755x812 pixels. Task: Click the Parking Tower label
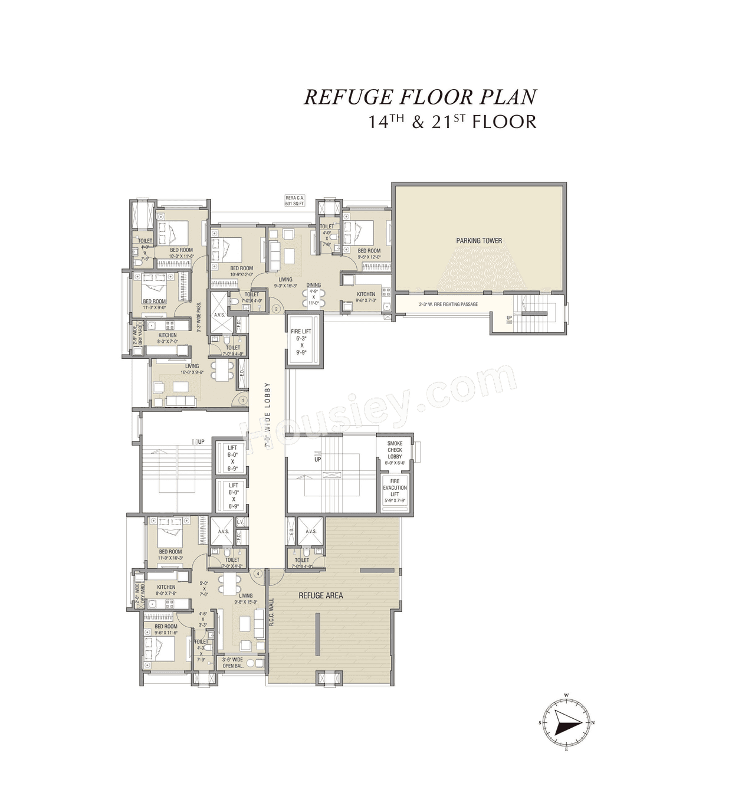tap(479, 241)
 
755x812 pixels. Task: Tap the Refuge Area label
tap(320, 595)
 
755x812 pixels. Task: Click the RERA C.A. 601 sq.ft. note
tap(294, 201)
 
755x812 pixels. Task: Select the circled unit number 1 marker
tap(242, 400)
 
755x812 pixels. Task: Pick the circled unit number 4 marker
tap(258, 573)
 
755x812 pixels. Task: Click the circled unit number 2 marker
tap(275, 309)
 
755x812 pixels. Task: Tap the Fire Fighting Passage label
tap(448, 304)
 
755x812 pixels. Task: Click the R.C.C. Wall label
tap(272, 612)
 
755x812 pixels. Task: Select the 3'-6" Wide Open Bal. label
tap(232, 663)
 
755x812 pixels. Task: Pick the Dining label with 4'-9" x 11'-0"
tap(313, 293)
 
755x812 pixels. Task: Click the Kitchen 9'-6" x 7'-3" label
tap(366, 297)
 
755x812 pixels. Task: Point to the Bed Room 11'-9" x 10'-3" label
tap(170, 554)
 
